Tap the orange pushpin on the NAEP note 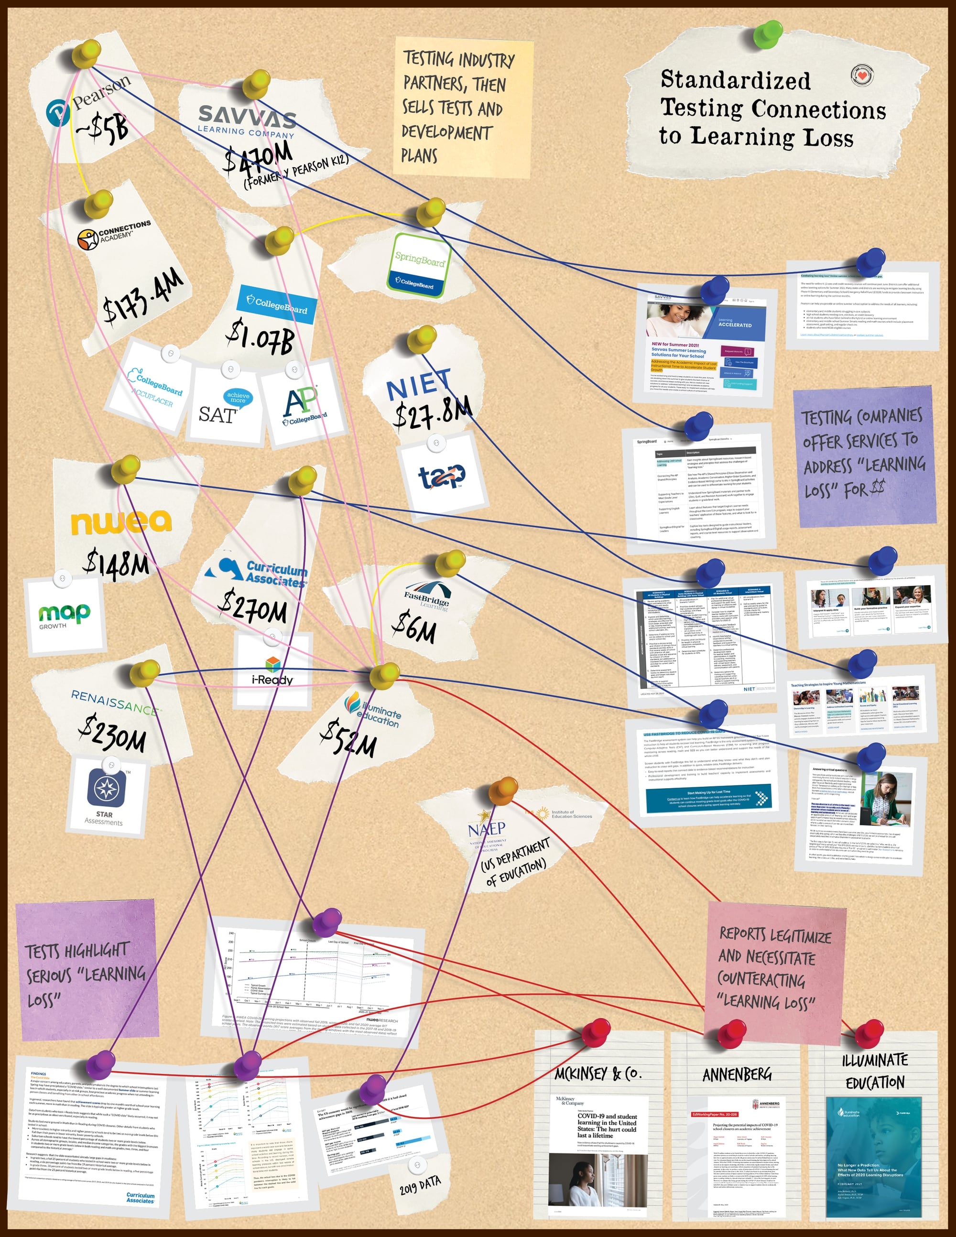(502, 790)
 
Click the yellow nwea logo (120, 522)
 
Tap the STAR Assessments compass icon (106, 788)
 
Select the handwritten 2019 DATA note (420, 1183)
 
